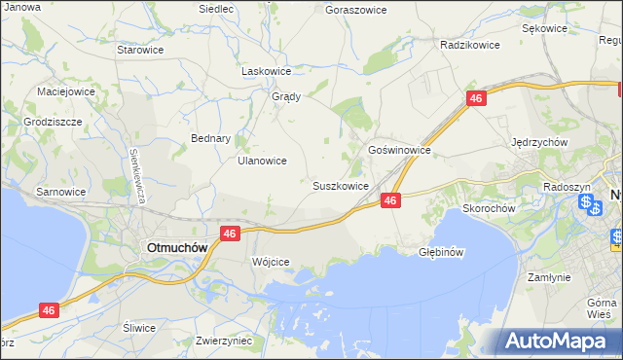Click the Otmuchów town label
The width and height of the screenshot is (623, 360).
click(176, 247)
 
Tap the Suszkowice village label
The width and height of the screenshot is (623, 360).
click(340, 185)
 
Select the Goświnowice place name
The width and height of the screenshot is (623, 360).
click(399, 151)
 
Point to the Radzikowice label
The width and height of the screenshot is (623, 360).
click(469, 45)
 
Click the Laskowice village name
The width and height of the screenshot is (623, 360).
click(267, 71)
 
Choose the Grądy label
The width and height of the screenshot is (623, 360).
click(285, 96)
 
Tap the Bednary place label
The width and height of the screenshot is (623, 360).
click(210, 138)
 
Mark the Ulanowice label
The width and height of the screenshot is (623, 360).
click(262, 161)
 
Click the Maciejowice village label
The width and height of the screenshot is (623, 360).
click(65, 91)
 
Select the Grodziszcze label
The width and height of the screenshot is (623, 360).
click(54, 123)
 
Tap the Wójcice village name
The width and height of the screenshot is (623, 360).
click(271, 262)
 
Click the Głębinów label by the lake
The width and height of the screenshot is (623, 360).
click(441, 250)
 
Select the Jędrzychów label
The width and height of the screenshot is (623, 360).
click(539, 141)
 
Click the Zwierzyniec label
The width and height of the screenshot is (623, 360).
click(224, 341)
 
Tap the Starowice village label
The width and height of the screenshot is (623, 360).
click(139, 49)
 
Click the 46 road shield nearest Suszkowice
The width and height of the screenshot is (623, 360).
click(390, 199)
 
